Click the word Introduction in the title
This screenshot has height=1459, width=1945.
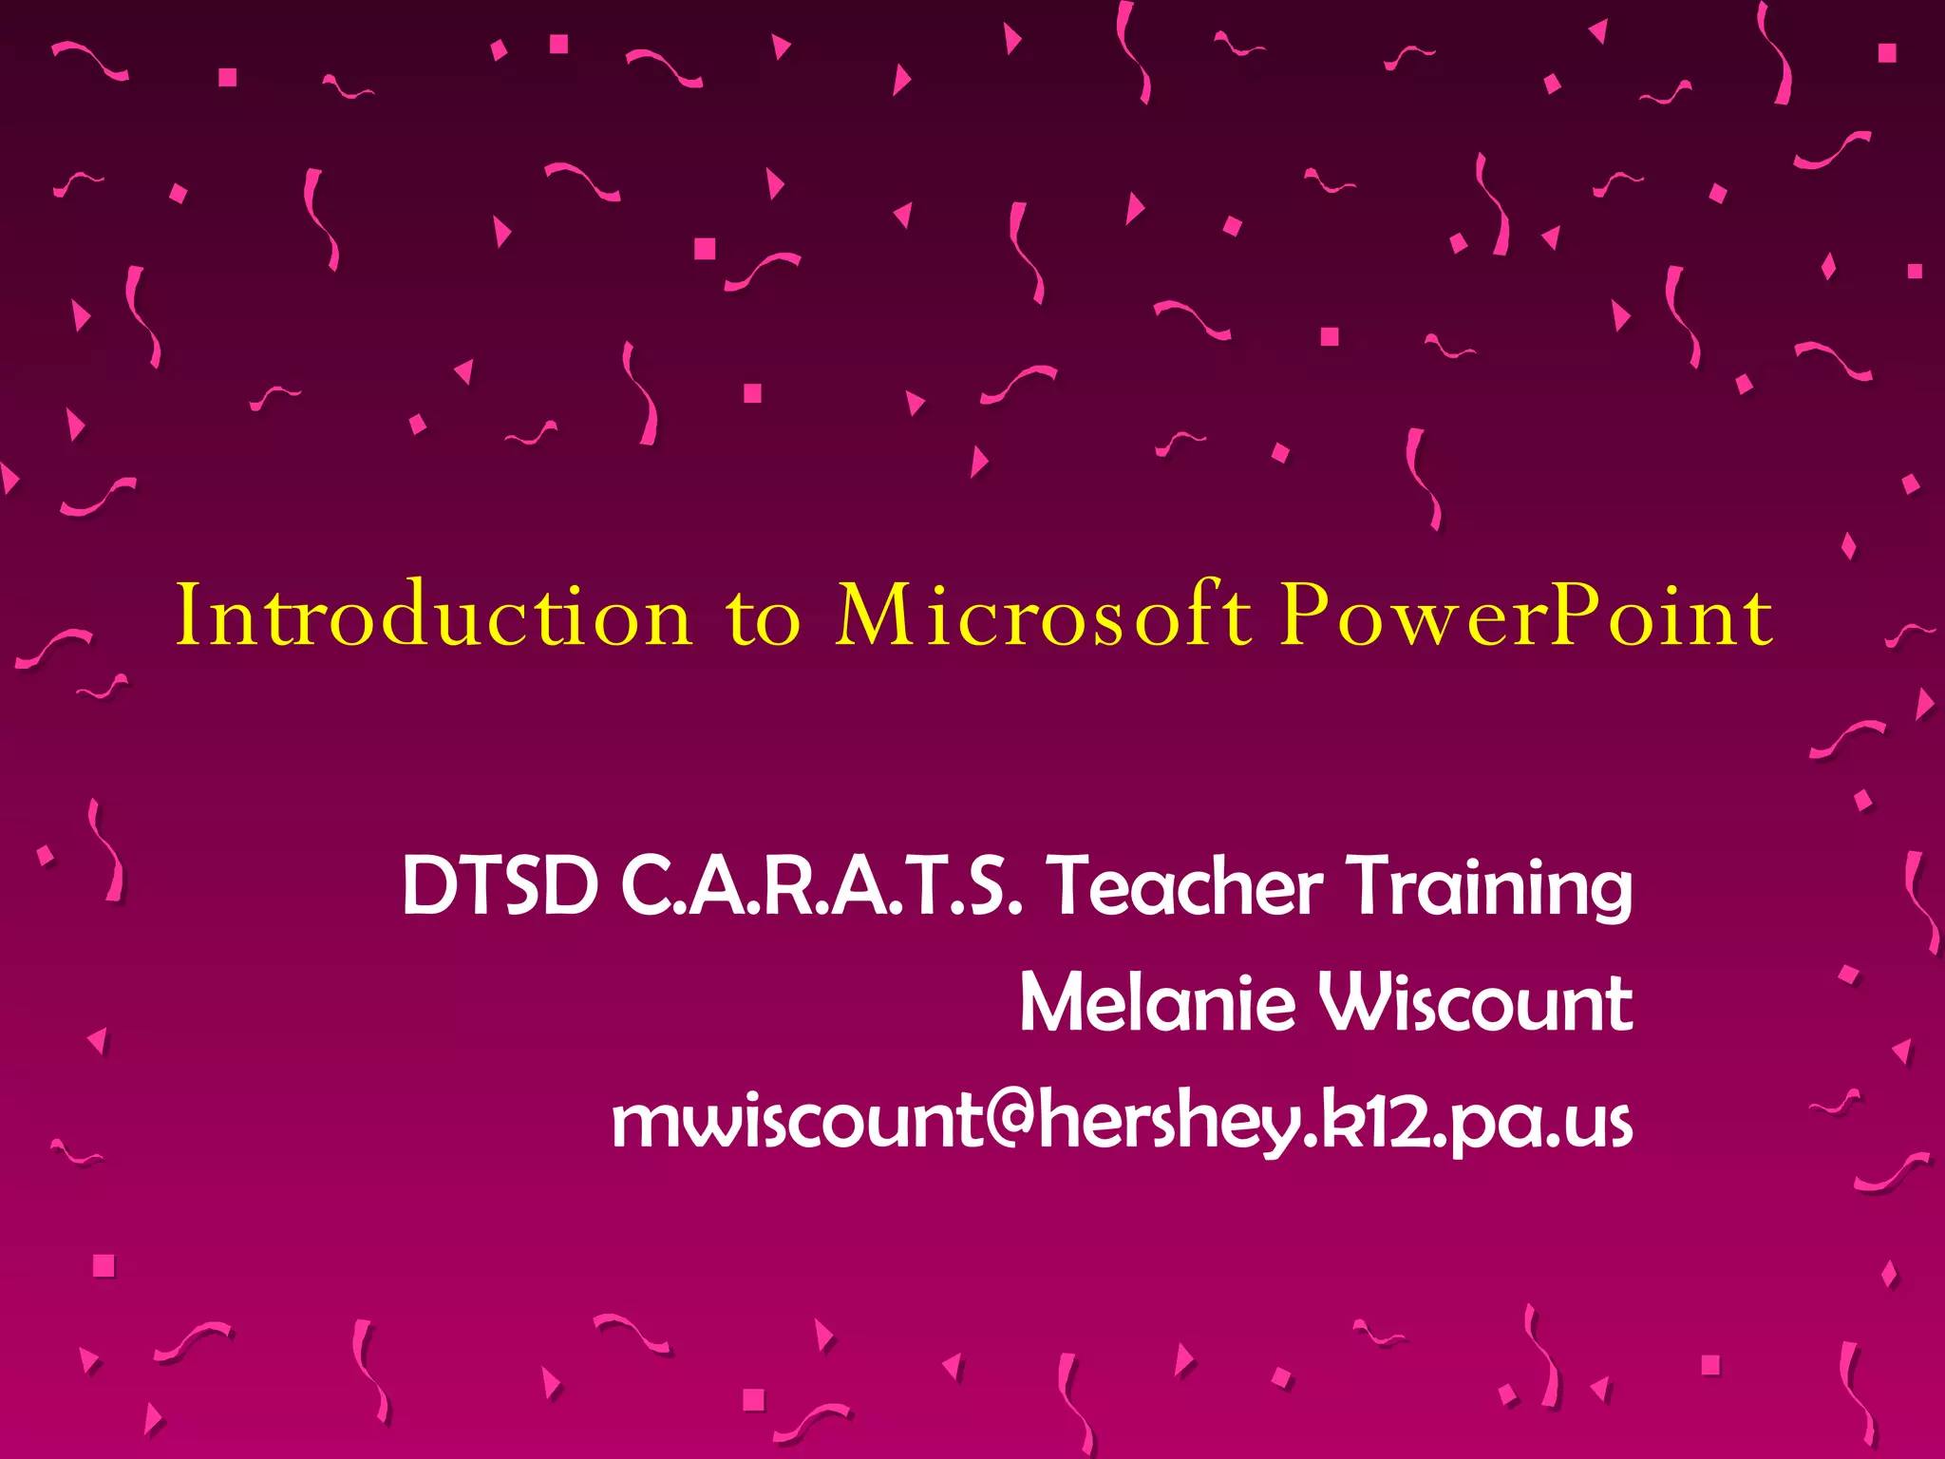click(434, 616)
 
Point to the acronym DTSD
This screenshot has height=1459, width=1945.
click(500, 885)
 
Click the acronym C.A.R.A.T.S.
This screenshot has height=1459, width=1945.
click(822, 885)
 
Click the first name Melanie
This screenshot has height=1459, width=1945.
click(1157, 1003)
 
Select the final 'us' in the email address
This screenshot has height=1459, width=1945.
click(1599, 1125)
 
